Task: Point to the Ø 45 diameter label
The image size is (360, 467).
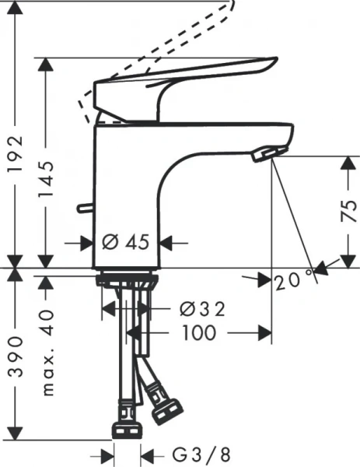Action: click(x=125, y=243)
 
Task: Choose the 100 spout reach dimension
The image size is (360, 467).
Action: click(x=201, y=332)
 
